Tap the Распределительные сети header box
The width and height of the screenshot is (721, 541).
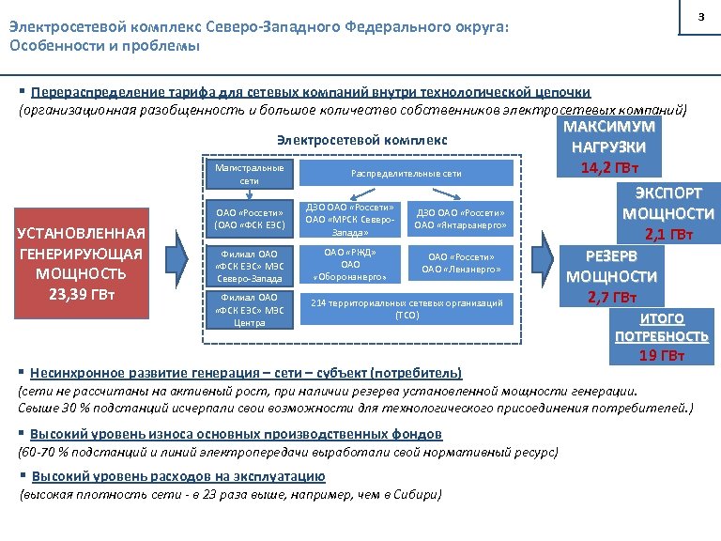(x=406, y=174)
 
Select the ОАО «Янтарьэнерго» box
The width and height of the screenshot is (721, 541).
(x=460, y=218)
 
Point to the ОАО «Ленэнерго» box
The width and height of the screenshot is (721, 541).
(x=460, y=263)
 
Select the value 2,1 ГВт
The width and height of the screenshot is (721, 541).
(x=668, y=233)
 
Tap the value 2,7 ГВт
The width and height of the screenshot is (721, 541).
(x=609, y=298)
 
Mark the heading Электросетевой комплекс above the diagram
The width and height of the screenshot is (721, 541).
(x=362, y=140)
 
